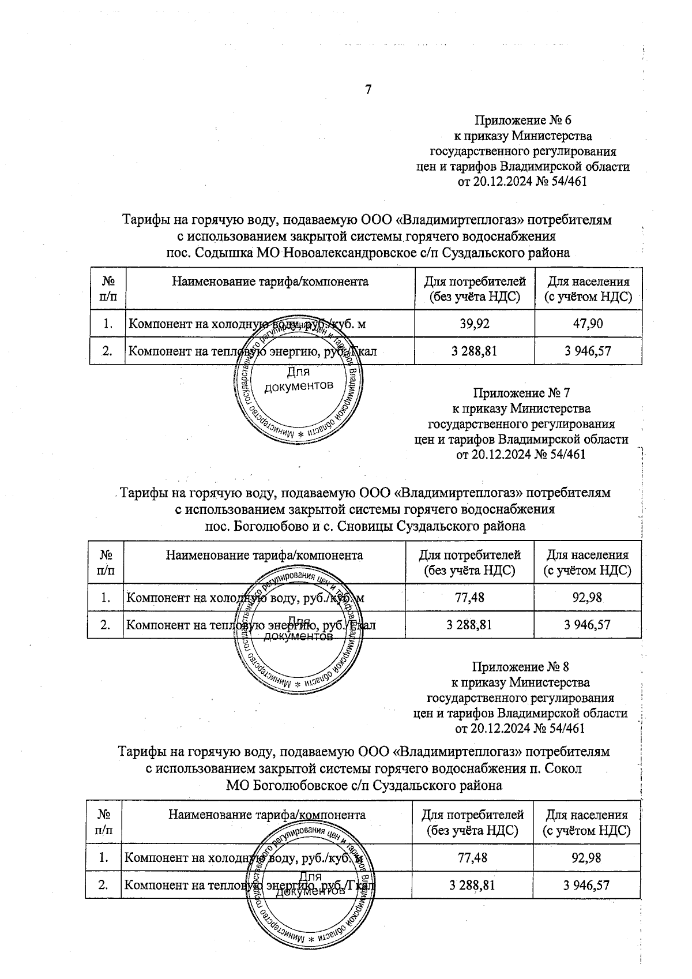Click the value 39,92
tap(475, 324)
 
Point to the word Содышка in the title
tap(219, 253)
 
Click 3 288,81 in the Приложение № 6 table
tap(475, 351)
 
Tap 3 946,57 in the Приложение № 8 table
tap(586, 885)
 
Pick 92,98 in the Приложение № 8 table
tap(586, 858)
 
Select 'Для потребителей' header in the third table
tap(473, 815)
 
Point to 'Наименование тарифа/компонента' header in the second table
tap(265, 555)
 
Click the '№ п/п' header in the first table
tap(108, 288)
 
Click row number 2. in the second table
tap(105, 624)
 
